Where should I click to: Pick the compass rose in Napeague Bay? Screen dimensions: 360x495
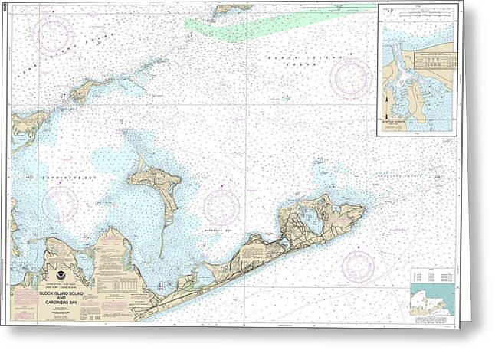(x=221, y=205)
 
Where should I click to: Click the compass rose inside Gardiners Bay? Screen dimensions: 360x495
(x=61, y=202)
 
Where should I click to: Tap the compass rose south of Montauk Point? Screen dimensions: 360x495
(x=358, y=266)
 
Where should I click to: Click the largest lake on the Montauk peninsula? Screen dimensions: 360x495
(x=312, y=221)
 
